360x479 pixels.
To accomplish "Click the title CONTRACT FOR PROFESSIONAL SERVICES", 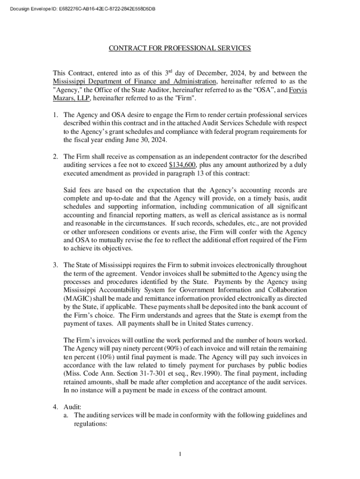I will (x=180, y=48).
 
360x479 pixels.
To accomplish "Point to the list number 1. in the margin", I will (x=55, y=115).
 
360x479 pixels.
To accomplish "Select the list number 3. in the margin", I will (x=55, y=265).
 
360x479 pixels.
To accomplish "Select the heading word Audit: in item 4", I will (x=72, y=406).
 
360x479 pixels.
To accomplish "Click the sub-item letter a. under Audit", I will (x=67, y=415).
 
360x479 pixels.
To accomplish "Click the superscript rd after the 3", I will (x=172, y=71).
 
